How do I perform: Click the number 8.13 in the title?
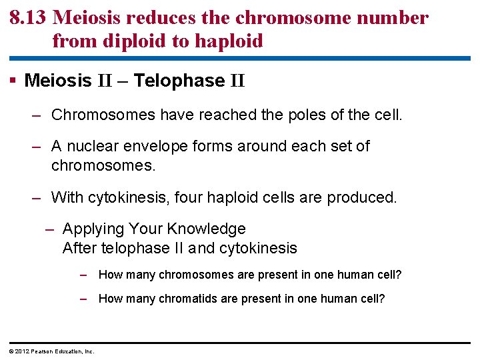coord(27,18)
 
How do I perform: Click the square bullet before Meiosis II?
coord(14,81)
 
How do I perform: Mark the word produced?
coord(365,197)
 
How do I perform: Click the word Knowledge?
coord(206,229)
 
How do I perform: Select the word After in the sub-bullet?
coord(79,249)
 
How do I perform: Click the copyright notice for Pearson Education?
coord(51,351)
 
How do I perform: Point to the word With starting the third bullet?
coord(67,197)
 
